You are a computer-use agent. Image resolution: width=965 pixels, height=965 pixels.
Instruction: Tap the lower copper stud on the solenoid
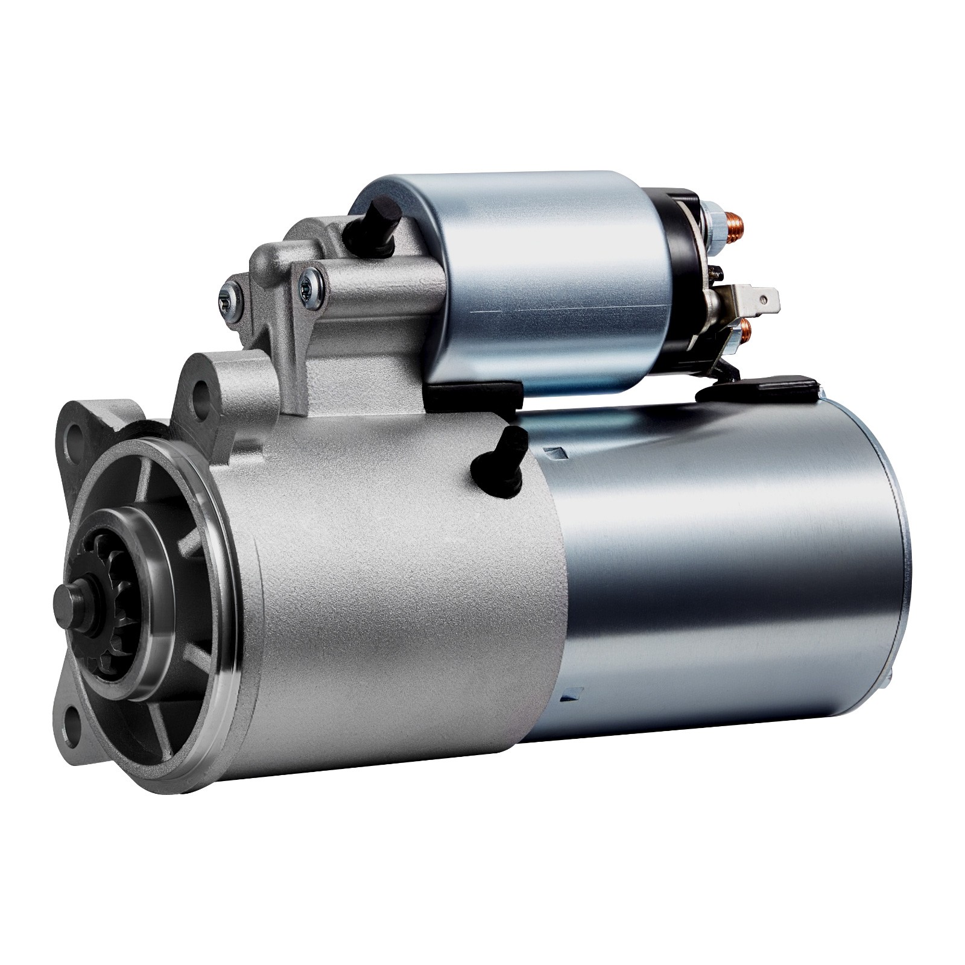[746, 328]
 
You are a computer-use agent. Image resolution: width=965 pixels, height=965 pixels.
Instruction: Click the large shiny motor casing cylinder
[724, 573]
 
